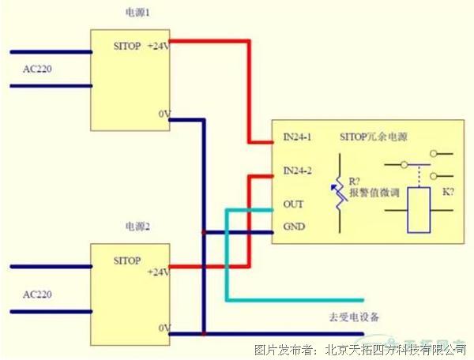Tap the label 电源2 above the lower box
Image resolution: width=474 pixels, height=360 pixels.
click(137, 227)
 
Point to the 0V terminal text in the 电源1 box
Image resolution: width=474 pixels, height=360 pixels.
click(164, 114)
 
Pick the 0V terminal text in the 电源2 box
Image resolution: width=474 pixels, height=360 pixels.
click(164, 327)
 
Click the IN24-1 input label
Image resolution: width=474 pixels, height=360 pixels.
click(298, 136)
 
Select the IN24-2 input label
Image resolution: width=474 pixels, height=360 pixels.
click(298, 171)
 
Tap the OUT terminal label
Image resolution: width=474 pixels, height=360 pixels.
click(292, 204)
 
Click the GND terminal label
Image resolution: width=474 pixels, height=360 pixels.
click(293, 227)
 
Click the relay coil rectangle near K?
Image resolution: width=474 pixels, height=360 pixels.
click(418, 210)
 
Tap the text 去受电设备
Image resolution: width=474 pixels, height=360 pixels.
click(354, 318)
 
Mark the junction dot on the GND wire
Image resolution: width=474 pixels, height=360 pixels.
click(205, 232)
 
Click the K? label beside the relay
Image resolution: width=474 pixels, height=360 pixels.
click(448, 191)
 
